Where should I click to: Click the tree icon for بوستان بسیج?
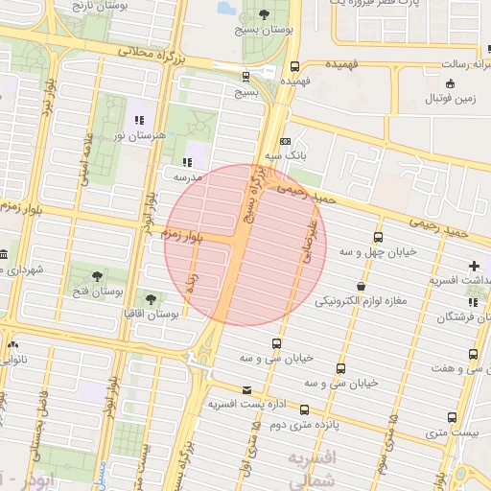tap(264, 14)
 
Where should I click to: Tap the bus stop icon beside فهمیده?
tap(294, 67)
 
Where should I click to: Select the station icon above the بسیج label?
tap(246, 77)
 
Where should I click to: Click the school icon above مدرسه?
tap(187, 162)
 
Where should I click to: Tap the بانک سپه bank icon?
tap(285, 141)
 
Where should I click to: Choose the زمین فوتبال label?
tap(452, 99)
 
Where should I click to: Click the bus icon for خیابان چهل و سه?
tap(378, 236)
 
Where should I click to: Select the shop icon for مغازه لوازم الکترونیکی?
tap(361, 286)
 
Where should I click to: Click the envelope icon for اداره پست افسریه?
tap(248, 389)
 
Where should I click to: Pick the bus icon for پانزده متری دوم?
tap(305, 409)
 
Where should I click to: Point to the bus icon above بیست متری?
tap(452, 417)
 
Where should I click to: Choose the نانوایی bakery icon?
tap(12, 343)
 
